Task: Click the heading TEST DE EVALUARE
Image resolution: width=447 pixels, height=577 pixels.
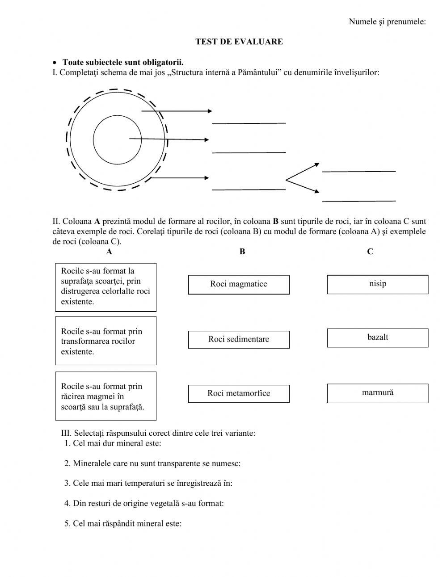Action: [239, 42]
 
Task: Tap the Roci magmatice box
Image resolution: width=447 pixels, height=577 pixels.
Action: [239, 284]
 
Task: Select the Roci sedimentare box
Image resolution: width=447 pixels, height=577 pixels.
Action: [239, 339]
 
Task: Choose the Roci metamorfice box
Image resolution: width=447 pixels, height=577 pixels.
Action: [239, 393]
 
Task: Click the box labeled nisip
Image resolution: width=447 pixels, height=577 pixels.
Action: [378, 284]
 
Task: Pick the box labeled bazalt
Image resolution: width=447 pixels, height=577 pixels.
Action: [378, 337]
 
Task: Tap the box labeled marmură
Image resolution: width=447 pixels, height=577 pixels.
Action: [378, 393]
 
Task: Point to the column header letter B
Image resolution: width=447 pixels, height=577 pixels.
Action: [242, 252]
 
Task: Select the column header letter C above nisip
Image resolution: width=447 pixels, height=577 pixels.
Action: [370, 252]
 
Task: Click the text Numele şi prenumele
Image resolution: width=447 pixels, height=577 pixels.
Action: [387, 21]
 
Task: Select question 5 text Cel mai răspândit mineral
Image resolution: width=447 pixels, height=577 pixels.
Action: [123, 523]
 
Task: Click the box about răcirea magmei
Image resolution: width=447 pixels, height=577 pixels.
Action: [106, 396]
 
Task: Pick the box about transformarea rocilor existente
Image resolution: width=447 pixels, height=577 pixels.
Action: [106, 341]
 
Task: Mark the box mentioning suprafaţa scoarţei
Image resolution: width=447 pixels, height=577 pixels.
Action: [106, 286]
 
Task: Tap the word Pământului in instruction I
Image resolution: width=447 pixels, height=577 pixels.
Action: [258, 72]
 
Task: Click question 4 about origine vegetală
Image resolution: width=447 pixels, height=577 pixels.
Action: [144, 503]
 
